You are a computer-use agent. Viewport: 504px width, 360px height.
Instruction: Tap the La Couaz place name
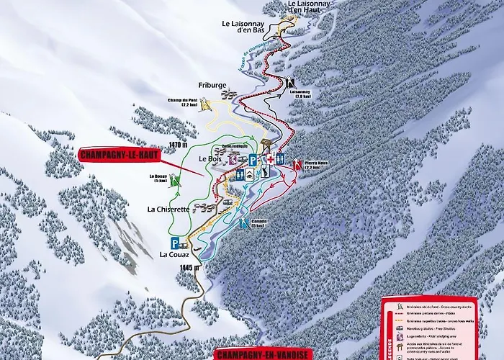[174, 253]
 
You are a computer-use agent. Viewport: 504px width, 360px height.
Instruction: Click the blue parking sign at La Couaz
[176, 242]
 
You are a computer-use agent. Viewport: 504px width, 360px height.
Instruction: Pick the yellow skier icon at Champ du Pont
[207, 107]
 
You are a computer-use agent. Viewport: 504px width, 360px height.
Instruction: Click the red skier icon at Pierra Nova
[296, 163]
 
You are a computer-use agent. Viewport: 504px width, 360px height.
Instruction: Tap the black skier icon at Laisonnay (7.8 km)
[290, 81]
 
